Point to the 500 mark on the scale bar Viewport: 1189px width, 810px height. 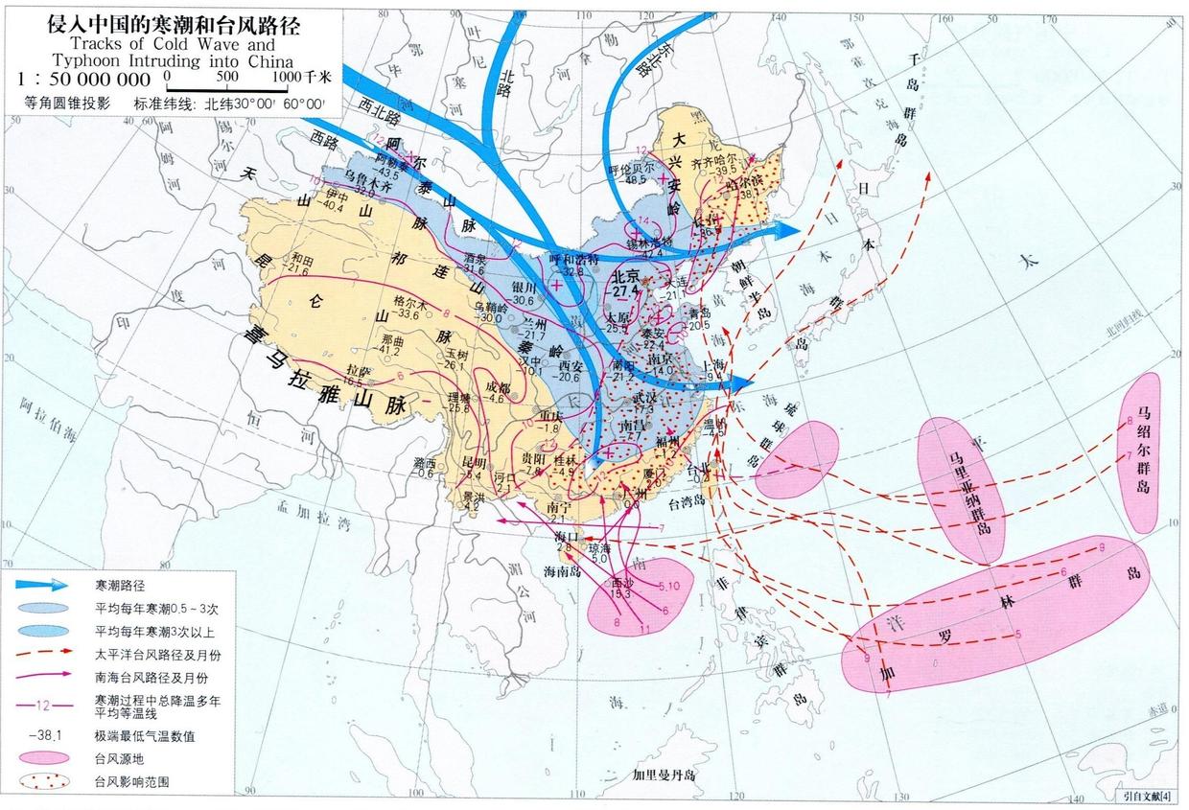[227, 75]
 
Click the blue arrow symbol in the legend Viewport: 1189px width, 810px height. [41, 584]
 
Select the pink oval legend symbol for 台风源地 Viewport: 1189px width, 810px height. [41, 757]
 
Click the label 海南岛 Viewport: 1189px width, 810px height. [563, 571]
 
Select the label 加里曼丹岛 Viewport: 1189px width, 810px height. [668, 774]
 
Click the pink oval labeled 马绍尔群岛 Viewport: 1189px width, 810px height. [1141, 452]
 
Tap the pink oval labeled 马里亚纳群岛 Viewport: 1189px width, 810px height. [959, 489]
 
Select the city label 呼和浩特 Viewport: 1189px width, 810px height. [573, 260]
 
